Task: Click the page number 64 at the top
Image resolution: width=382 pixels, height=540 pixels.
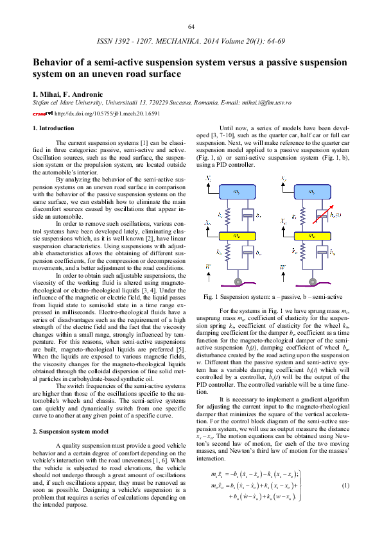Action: tap(191, 26)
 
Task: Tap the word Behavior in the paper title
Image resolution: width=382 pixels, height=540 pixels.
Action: tap(55, 63)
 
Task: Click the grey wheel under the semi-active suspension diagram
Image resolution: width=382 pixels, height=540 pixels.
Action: tap(311, 281)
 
